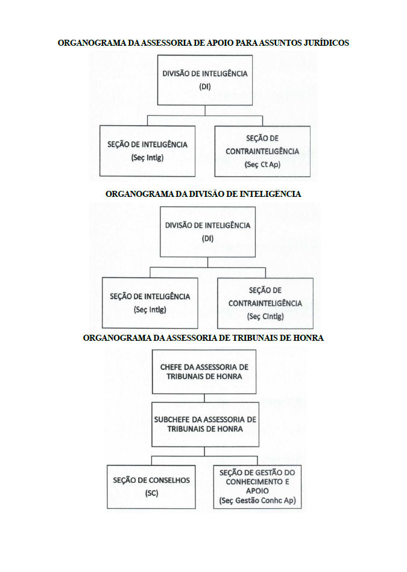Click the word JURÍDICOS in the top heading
pyautogui.click(x=326, y=43)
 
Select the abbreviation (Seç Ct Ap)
pyautogui.click(x=262, y=164)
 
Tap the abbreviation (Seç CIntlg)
pyautogui.click(x=265, y=316)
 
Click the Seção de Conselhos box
pyautogui.click(x=151, y=487)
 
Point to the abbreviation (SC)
pyautogui.click(x=151, y=493)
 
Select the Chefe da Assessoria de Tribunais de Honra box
pyautogui.click(x=204, y=371)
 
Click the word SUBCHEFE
pyautogui.click(x=172, y=420)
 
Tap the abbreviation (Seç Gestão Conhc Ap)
pyautogui.click(x=257, y=500)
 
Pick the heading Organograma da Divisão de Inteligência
pyautogui.click(x=204, y=194)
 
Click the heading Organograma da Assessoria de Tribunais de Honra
pyautogui.click(x=204, y=338)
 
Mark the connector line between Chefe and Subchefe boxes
pyautogui.click(x=204, y=399)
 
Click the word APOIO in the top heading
pyautogui.click(x=219, y=43)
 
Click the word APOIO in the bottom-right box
pyautogui.click(x=257, y=491)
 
